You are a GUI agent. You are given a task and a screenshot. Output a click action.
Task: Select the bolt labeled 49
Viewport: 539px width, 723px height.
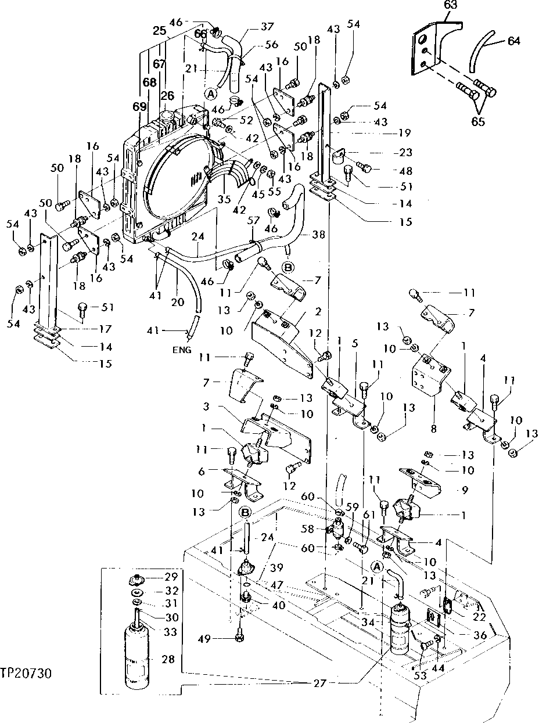239,638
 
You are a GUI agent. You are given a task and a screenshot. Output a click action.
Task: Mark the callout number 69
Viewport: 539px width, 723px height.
139,107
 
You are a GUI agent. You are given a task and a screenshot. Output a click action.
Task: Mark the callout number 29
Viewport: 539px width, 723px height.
171,577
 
